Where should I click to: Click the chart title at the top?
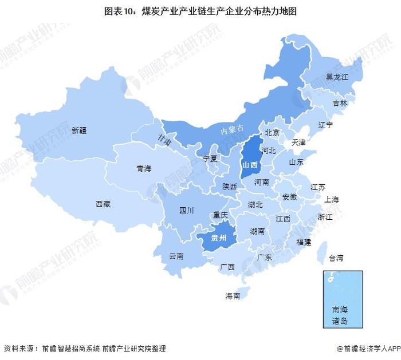tap(200, 11)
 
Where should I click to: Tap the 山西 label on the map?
tap(249, 165)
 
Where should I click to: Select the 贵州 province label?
tap(219, 238)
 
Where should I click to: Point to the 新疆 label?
tap(80, 130)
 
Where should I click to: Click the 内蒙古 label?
tap(233, 130)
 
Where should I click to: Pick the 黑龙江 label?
tap(337, 76)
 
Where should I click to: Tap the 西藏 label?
tap(103, 204)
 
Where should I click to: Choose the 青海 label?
tap(144, 169)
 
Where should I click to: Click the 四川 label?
tap(186, 210)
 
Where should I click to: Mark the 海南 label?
tap(233, 296)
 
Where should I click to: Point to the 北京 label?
tap(272, 132)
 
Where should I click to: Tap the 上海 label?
tap(332, 200)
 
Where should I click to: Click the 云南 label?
tap(176, 256)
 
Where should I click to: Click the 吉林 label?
tap(340, 104)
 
